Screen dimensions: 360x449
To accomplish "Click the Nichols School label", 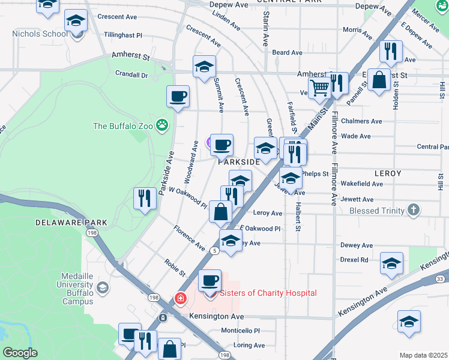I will tap(40, 34).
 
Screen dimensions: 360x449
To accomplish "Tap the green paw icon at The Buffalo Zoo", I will tap(161, 125).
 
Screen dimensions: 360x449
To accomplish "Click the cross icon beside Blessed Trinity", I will tap(412, 211).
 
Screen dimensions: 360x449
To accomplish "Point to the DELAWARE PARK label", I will tap(71, 223).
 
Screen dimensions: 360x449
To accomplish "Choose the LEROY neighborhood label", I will tap(387, 173).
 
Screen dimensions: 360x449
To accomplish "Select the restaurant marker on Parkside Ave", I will tap(144, 198).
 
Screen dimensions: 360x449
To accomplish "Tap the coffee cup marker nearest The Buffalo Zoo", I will tap(178, 97).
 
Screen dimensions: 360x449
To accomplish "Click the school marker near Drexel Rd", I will tap(391, 263).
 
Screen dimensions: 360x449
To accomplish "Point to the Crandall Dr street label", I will tap(131, 75).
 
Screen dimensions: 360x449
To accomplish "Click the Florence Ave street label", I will tap(189, 238).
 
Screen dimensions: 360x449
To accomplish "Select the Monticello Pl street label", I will tap(241, 331).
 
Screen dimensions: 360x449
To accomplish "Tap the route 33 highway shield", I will tap(440, 278).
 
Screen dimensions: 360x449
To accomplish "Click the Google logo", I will tap(20, 353).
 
